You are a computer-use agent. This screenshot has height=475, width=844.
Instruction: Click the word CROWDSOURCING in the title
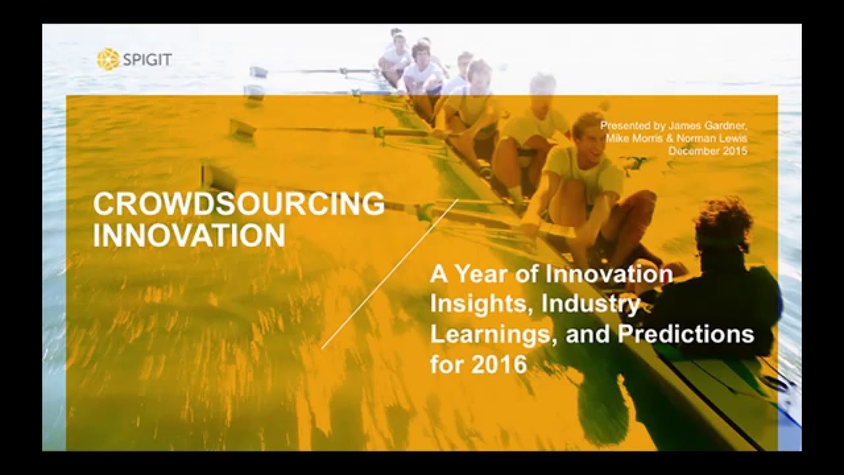click(239, 205)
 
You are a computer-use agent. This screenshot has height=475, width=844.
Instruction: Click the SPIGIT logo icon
click(107, 59)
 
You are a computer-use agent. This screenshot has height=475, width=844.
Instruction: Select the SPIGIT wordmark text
click(146, 60)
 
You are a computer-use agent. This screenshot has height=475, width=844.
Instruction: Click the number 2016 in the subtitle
click(498, 364)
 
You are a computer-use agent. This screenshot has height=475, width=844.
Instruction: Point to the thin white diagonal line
click(389, 274)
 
